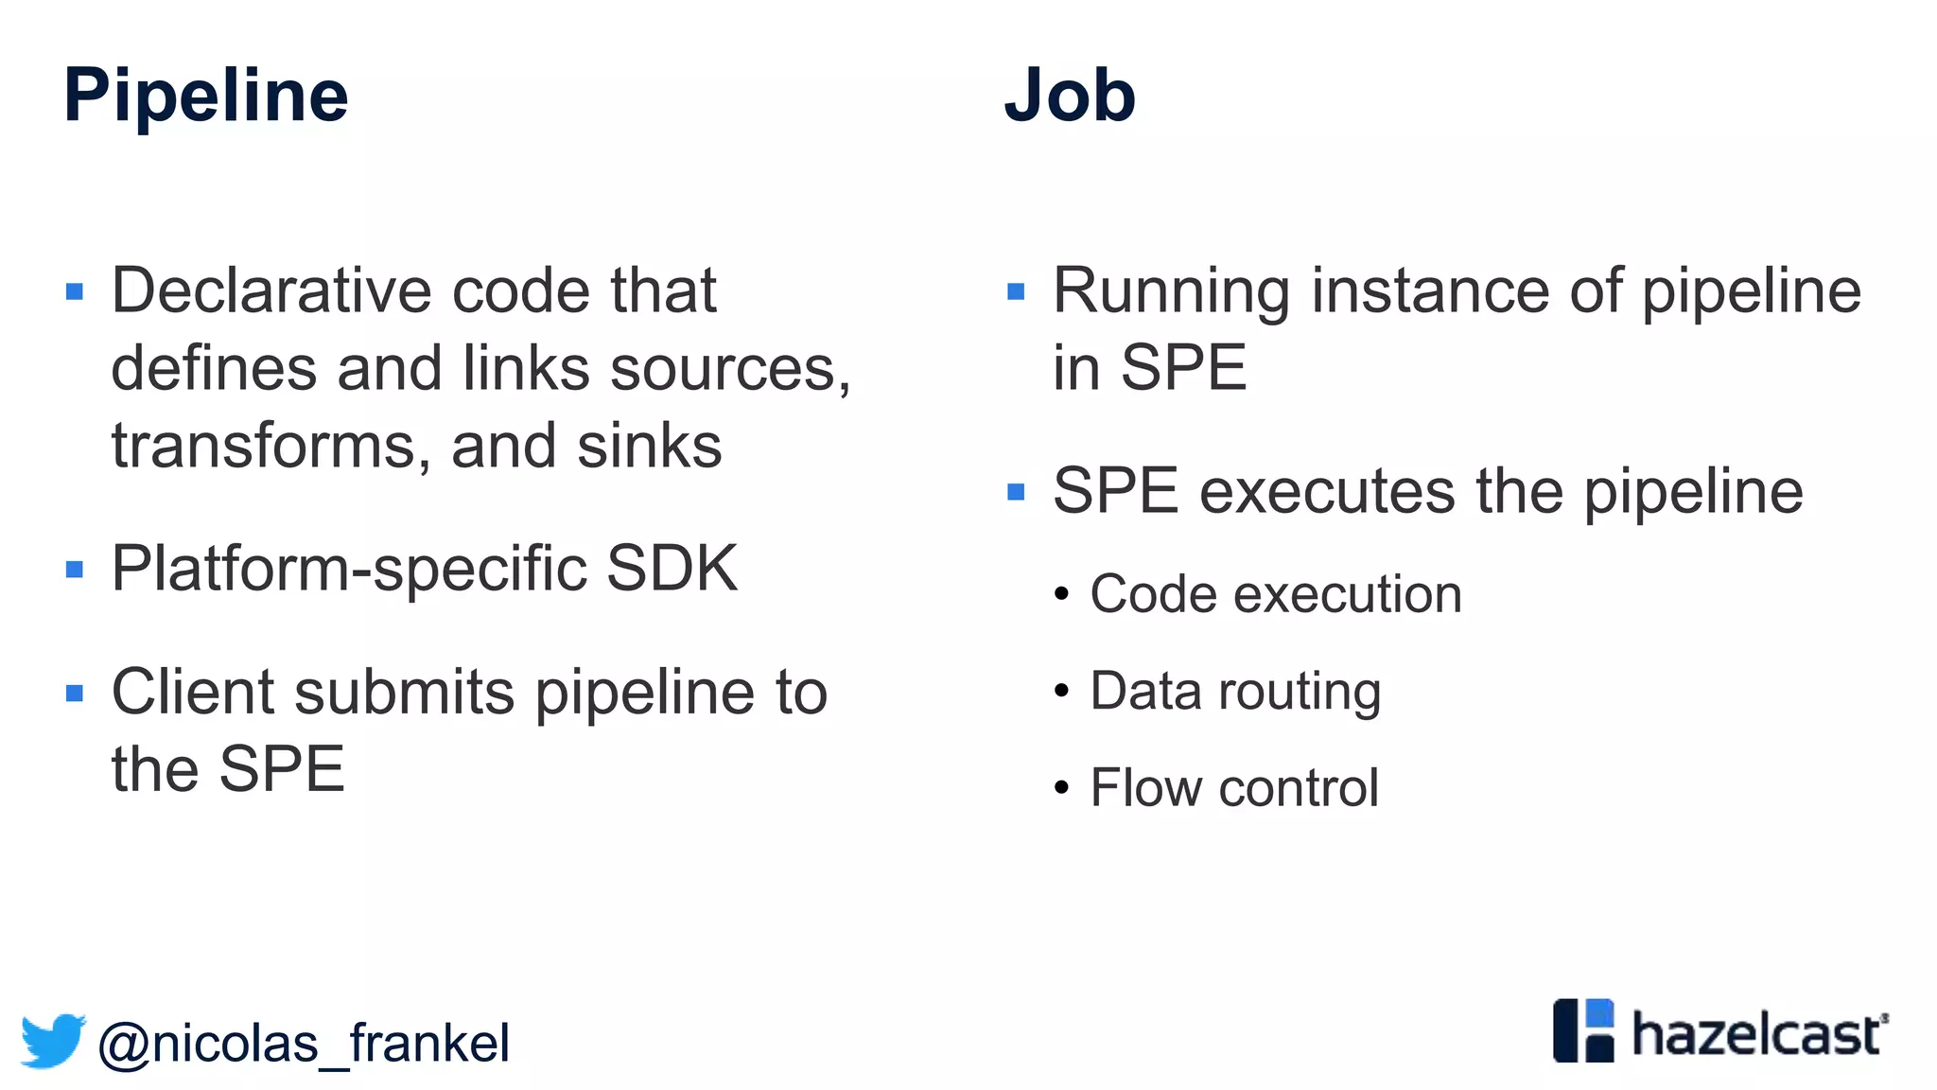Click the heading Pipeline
coord(205,97)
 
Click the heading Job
coord(1069,97)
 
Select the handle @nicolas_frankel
coord(303,1044)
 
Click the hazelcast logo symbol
coord(1582,1030)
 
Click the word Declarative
coord(271,290)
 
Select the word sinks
coord(649,446)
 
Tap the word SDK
coord(672,569)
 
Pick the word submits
coord(405,693)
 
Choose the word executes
coord(1327,491)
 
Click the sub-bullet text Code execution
coord(1275,594)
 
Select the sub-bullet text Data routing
coord(1234,691)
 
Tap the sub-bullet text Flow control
coord(1233,787)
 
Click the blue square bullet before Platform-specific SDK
coord(75,570)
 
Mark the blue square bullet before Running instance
coord(1016,291)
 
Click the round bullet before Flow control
coord(1061,787)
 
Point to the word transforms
coord(263,446)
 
